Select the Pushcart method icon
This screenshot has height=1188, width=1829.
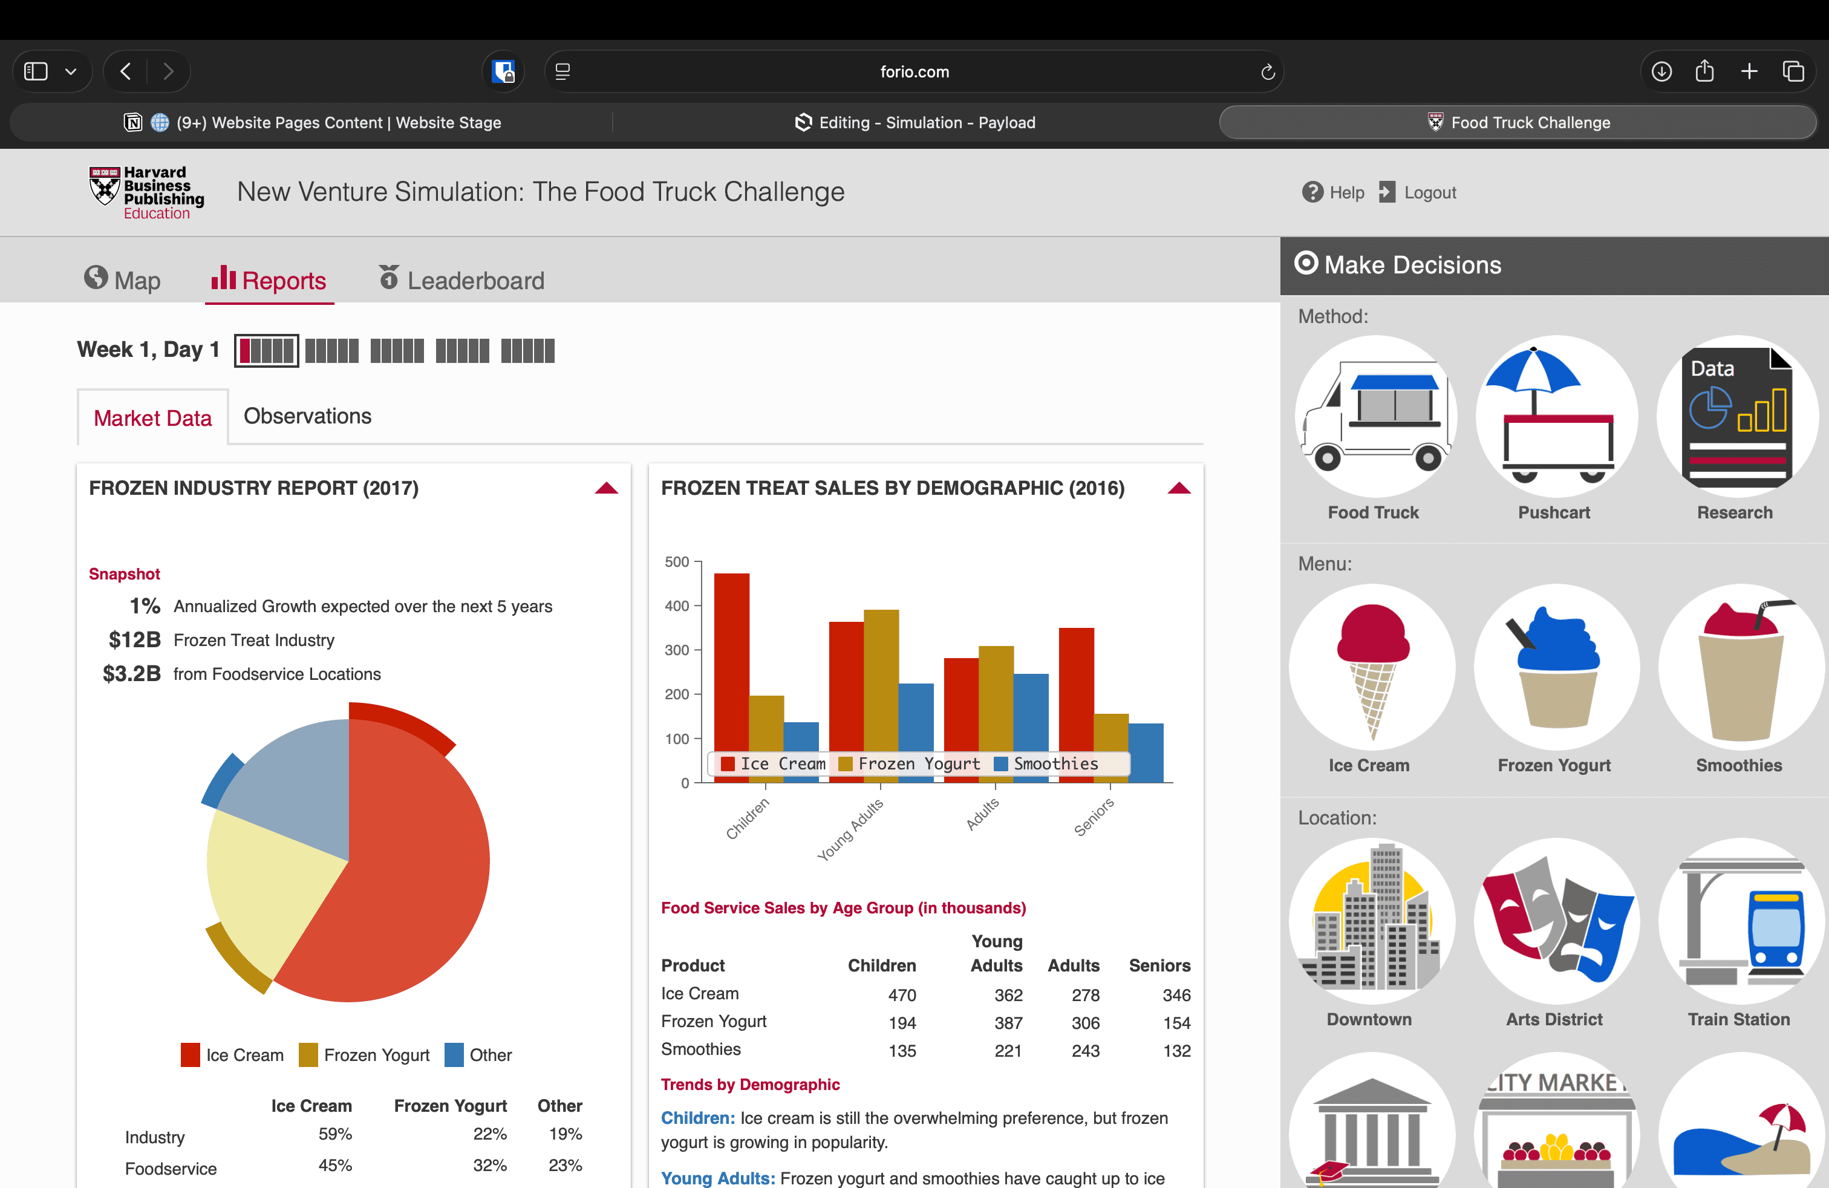tap(1556, 417)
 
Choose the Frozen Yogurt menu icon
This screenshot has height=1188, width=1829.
tap(1556, 667)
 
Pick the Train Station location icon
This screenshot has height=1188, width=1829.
tap(1740, 921)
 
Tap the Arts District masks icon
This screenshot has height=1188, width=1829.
tap(1556, 921)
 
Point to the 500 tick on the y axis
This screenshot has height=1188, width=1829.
tap(677, 562)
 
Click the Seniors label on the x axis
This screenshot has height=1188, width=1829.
tap(1094, 817)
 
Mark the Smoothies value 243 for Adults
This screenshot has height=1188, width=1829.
tap(1085, 1051)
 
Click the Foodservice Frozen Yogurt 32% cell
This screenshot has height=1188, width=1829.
tap(489, 1165)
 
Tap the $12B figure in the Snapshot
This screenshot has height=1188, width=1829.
tap(134, 639)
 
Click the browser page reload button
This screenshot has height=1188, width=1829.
tap(1267, 71)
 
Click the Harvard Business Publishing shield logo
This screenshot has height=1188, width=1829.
tap(105, 186)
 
